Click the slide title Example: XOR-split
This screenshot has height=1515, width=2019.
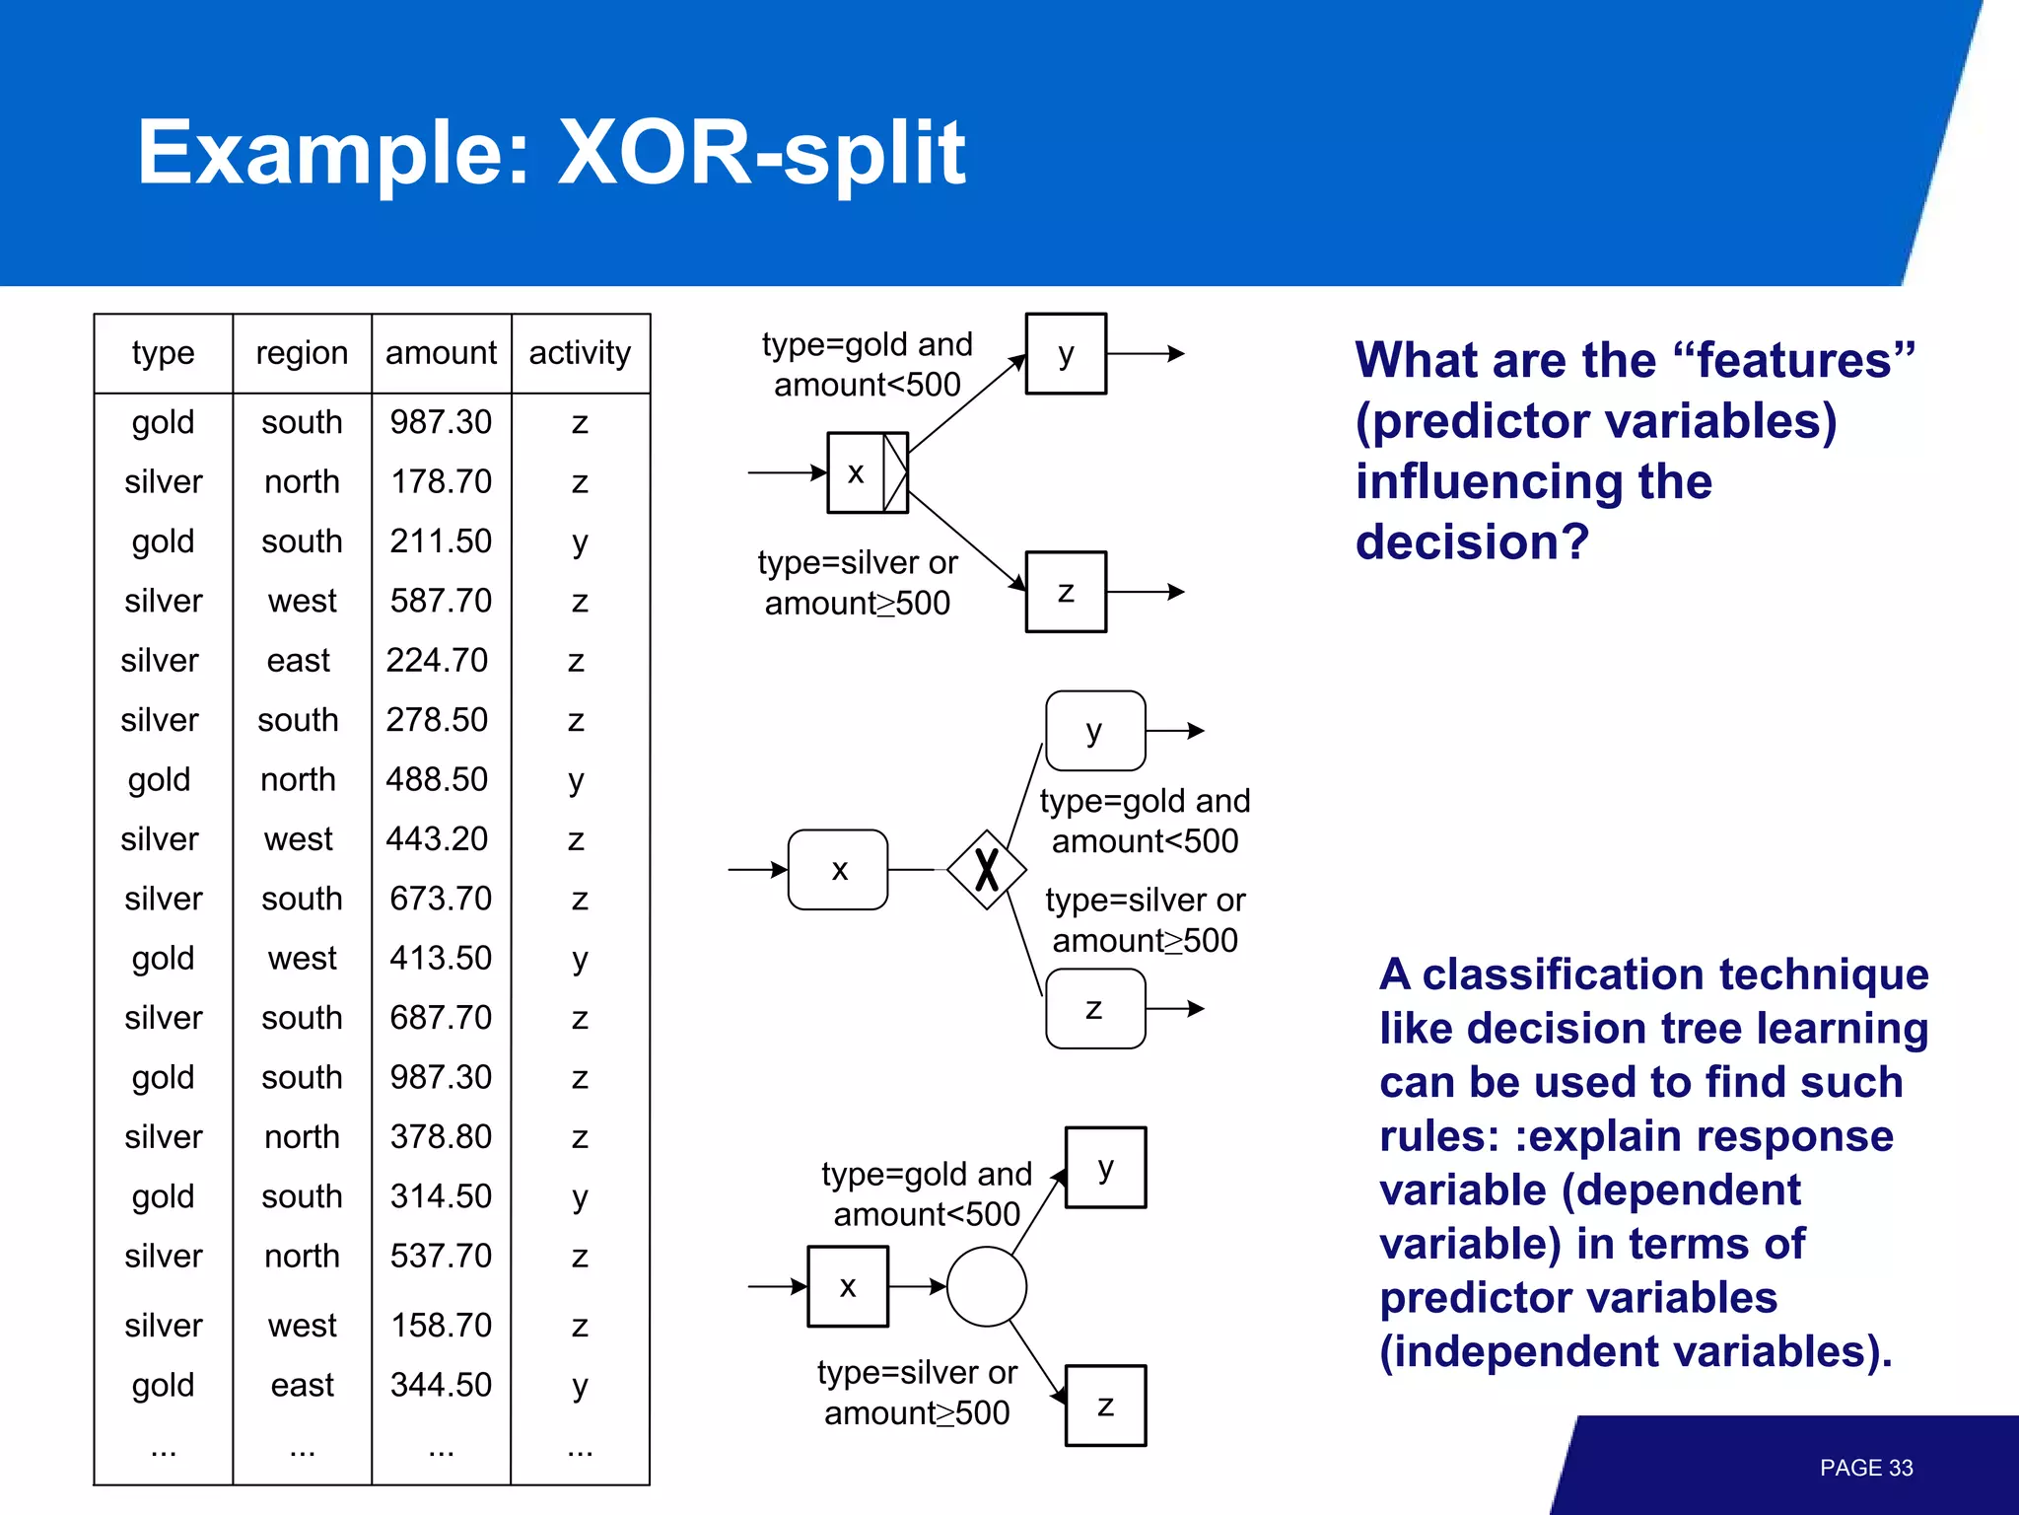pyautogui.click(x=551, y=153)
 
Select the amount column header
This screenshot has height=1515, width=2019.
pyautogui.click(x=441, y=353)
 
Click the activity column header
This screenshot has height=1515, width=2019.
pyautogui.click(x=580, y=353)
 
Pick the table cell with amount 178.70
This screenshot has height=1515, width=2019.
pyautogui.click(x=441, y=481)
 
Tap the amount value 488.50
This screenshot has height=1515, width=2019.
pyautogui.click(x=437, y=779)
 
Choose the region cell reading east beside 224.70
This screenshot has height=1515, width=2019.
pyautogui.click(x=299, y=660)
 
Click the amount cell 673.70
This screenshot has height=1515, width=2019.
pyautogui.click(x=441, y=899)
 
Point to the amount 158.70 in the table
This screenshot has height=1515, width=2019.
pyautogui.click(x=441, y=1325)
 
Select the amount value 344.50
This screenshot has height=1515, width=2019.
pyautogui.click(x=441, y=1385)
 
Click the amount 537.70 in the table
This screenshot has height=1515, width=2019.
pyautogui.click(x=441, y=1256)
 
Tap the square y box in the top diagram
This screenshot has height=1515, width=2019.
pyautogui.click(x=1066, y=354)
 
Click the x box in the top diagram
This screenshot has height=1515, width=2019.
pyautogui.click(x=857, y=472)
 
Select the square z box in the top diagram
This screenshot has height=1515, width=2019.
pyautogui.click(x=1066, y=592)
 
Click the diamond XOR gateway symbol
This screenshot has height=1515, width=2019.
pyautogui.click(x=987, y=870)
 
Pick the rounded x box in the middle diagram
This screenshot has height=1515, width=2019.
pyautogui.click(x=838, y=870)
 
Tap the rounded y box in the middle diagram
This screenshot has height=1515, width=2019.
pyautogui.click(x=1094, y=731)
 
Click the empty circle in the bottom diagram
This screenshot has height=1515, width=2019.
pyautogui.click(x=987, y=1286)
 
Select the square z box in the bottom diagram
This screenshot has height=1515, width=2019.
pyautogui.click(x=1106, y=1406)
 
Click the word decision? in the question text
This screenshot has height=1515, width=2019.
pyautogui.click(x=1472, y=542)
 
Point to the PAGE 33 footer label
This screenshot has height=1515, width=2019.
pyautogui.click(x=1865, y=1468)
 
